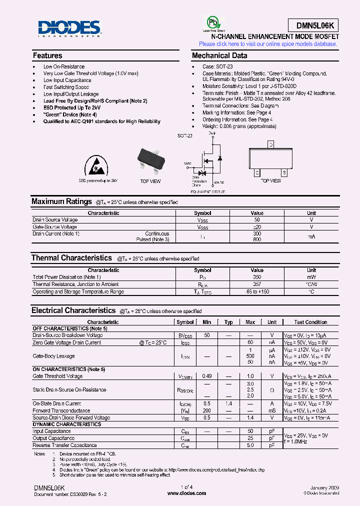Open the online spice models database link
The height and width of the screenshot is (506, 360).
pos(268,44)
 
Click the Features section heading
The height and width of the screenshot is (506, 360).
pos(47,56)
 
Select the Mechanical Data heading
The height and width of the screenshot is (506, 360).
pos(219,56)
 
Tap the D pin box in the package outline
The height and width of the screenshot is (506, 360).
pos(271,145)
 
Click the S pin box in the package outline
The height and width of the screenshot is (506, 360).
pos(284,173)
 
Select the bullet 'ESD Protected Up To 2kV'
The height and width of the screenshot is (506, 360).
pos(72,107)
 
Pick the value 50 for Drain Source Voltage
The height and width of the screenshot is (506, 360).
pos(256,220)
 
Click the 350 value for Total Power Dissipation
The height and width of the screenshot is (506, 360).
pos(256,277)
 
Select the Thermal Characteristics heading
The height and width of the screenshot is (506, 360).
pos(71,258)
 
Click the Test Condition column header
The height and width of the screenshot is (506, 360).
pos(310,322)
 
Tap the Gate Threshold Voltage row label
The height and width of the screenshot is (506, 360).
pos(57,376)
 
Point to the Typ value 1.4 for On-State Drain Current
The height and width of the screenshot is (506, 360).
pos(228,403)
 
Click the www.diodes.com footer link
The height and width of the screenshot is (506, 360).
pos(186,493)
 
